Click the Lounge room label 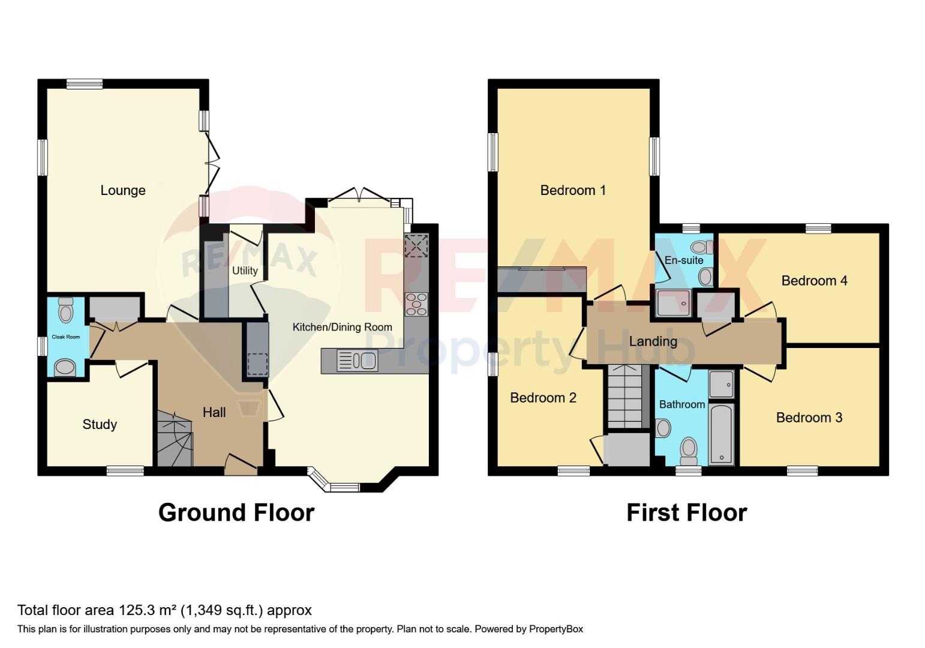123,190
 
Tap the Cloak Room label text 65,337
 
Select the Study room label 100,424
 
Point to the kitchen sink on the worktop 357,360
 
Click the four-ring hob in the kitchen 417,304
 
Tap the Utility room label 245,271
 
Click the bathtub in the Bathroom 721,434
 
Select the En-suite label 684,260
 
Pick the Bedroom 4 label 815,281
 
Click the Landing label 653,341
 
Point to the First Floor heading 687,512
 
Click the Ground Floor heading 236,512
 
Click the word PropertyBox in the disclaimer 556,629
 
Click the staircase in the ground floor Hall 175,438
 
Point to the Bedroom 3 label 809,418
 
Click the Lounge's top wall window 85,83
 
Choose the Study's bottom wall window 125,471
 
